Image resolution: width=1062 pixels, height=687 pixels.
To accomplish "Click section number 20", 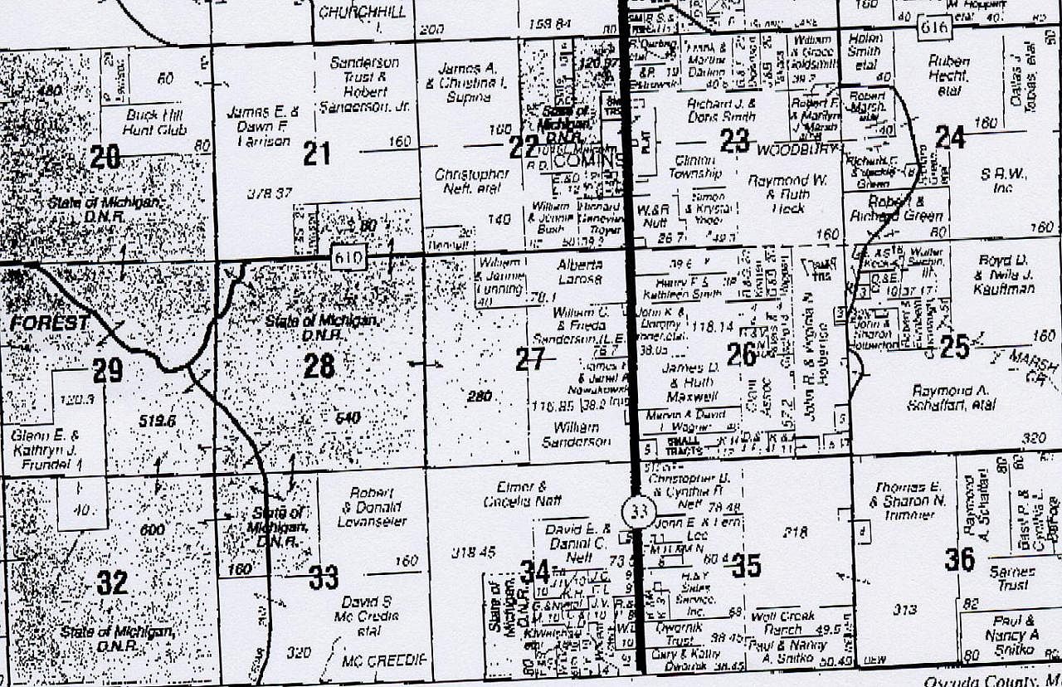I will pos(105,157).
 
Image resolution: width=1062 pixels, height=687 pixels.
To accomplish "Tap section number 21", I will pos(316,153).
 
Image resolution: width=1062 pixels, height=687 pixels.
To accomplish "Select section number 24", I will pos(950,137).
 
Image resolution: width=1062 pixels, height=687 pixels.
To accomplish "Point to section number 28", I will pos(319,365).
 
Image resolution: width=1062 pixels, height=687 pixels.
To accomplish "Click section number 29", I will pos(108,371).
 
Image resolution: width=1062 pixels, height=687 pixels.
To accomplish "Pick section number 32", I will pos(112,582).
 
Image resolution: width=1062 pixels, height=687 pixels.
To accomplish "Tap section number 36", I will pos(960,560).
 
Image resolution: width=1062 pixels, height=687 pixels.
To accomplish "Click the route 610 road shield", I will pos(349,257).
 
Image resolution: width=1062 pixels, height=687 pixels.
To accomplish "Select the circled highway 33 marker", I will pos(638,512).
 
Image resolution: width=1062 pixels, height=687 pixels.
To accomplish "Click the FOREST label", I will pos(50,324).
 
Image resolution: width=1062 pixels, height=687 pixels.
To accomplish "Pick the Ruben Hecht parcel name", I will pos(949,75).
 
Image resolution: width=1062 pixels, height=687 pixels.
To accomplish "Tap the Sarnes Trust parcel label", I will pos(1012,578).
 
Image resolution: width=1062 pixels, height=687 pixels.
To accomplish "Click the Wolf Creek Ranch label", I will pos(777,623).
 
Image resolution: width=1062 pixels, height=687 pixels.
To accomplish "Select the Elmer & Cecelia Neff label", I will pos(521,494).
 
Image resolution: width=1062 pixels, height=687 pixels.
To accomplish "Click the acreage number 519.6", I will pos(158,421).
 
